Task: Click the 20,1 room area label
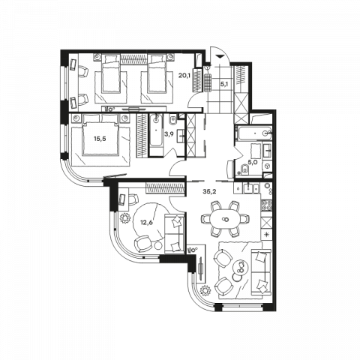(184, 75)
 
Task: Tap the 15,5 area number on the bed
(100, 139)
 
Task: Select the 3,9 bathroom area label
(169, 134)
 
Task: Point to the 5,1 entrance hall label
(223, 84)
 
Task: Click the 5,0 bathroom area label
(252, 162)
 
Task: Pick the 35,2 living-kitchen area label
(209, 192)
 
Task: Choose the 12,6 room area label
(146, 222)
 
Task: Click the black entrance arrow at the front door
(220, 57)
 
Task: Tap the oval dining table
(225, 219)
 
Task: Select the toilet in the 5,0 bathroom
(244, 169)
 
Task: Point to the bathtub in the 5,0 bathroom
(253, 133)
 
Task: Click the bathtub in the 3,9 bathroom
(156, 134)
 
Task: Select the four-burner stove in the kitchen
(266, 205)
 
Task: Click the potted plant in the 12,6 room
(125, 218)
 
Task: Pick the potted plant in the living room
(206, 290)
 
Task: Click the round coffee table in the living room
(241, 268)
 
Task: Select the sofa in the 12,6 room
(174, 234)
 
